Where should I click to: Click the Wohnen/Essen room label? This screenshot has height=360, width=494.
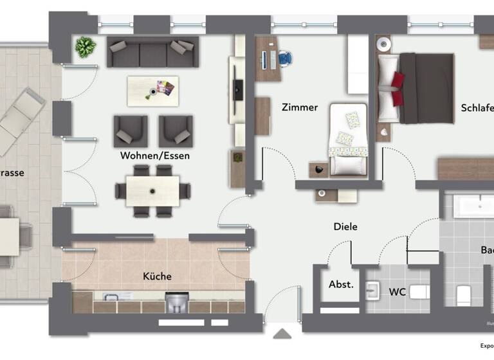(154, 156)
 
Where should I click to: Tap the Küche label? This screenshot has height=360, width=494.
(157, 276)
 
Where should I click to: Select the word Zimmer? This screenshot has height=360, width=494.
(300, 107)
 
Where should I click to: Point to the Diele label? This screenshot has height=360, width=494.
(345, 226)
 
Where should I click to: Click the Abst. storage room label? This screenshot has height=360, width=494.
(341, 283)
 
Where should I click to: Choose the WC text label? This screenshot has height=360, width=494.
(397, 291)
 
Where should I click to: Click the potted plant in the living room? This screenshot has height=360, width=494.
(85, 46)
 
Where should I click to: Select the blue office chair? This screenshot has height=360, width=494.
(285, 59)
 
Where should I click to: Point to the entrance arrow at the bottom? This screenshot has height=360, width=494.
(282, 333)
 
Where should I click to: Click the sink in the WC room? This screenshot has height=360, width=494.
(373, 291)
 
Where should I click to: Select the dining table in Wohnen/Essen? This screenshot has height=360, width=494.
(153, 190)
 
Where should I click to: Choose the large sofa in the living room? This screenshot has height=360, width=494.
(152, 52)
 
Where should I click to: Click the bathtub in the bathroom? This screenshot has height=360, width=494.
(473, 206)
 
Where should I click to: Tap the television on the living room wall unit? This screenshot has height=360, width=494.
(239, 88)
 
